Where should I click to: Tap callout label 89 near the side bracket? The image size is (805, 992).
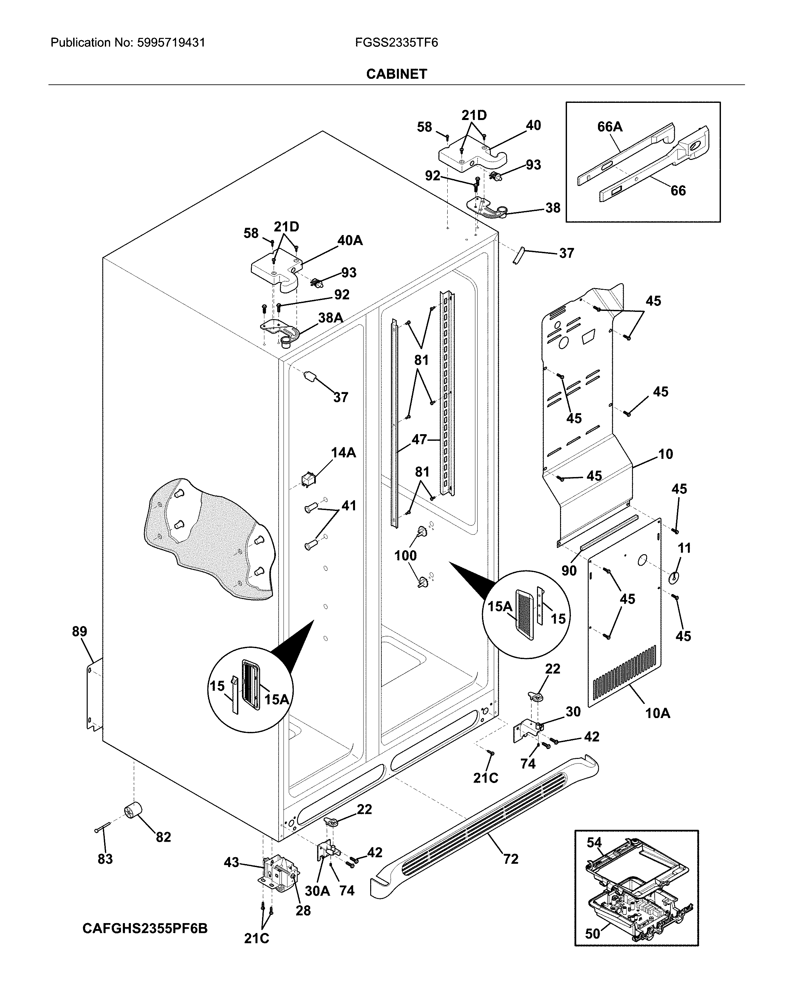(79, 631)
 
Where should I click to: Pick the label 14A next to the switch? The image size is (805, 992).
(343, 453)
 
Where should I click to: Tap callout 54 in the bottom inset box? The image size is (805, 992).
(594, 842)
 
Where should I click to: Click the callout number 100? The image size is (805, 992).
(405, 556)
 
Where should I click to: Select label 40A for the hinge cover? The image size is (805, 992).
(350, 240)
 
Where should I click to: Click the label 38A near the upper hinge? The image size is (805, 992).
(330, 318)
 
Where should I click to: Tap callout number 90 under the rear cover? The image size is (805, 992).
(569, 570)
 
